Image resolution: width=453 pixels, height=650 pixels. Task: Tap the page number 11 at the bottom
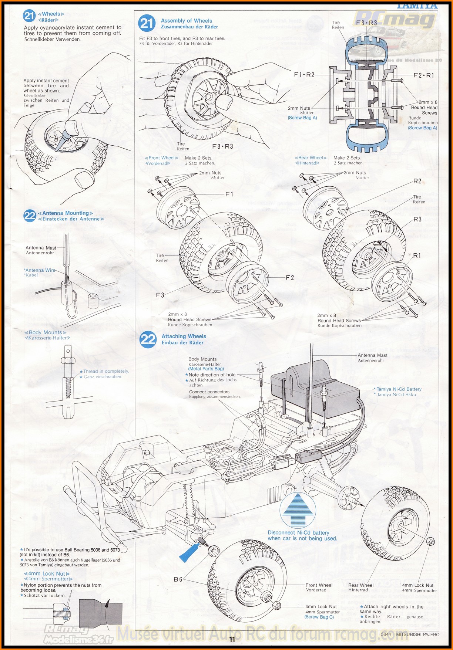coord(232,639)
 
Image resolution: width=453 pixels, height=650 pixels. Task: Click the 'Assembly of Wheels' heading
coord(187,21)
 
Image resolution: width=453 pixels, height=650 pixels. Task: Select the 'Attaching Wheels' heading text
coord(184,336)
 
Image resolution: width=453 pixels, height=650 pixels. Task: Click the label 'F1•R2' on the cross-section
coord(304,75)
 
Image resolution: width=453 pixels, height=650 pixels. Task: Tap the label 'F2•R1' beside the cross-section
coord(424,75)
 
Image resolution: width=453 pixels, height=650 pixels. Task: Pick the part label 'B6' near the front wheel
coord(178,579)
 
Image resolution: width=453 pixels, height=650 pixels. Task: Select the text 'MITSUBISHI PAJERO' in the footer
coord(417,634)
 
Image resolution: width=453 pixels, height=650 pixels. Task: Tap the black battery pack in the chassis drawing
coord(315,388)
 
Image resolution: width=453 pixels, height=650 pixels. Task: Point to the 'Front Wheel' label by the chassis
coord(319,585)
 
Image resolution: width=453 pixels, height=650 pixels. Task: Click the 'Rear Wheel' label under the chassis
coord(360,585)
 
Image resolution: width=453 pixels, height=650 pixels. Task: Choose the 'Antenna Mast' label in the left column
coord(41,248)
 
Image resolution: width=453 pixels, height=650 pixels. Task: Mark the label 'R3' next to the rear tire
coord(417,219)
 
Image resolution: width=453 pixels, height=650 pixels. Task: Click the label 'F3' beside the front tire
coord(160,295)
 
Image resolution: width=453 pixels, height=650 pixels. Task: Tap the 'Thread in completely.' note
coord(106,371)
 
